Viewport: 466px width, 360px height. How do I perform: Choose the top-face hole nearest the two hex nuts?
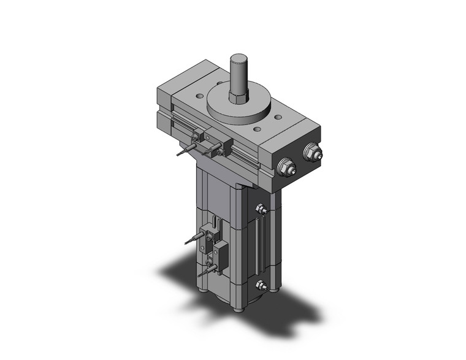(278, 117)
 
